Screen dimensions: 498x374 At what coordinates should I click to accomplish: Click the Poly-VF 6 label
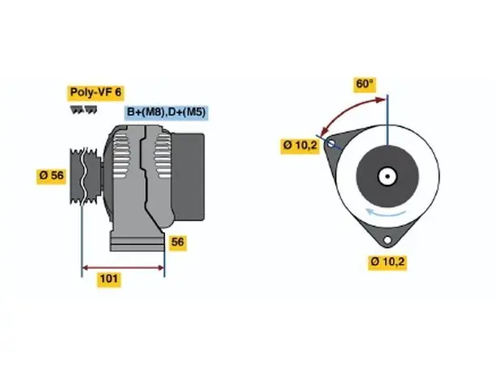click(95, 93)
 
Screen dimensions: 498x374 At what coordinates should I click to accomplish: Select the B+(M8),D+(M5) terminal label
click(166, 112)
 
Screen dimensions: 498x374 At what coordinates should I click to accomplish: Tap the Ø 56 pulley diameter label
click(51, 175)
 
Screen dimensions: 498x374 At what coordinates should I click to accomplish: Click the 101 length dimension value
click(109, 279)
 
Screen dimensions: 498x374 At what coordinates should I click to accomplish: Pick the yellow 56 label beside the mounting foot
click(177, 242)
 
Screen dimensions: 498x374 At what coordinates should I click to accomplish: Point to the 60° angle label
click(365, 84)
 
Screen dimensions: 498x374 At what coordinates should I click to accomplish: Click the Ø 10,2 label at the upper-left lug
click(300, 146)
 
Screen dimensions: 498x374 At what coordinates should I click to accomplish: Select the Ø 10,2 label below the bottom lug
click(387, 262)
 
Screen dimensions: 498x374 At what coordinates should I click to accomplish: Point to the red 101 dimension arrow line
click(123, 268)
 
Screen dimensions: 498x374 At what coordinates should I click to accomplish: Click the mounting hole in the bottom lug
click(387, 240)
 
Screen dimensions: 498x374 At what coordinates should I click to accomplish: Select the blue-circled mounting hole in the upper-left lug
click(330, 143)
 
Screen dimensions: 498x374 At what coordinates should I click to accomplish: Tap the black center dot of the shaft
click(387, 176)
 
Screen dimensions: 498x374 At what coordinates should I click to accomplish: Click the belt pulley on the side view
click(85, 176)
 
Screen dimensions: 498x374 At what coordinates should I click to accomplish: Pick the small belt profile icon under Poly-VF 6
click(84, 110)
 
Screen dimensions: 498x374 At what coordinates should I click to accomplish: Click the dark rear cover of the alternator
click(188, 177)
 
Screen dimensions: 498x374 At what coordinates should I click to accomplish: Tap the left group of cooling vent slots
click(122, 154)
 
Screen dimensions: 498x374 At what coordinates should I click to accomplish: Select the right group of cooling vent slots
click(162, 156)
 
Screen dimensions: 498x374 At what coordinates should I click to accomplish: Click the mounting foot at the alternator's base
click(138, 244)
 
